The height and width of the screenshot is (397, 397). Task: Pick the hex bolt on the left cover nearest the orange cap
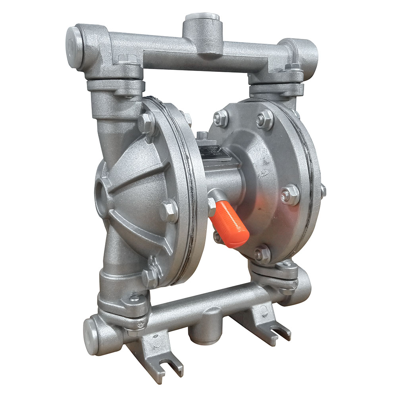tap(168, 211)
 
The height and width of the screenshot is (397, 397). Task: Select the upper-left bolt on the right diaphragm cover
tap(221, 118)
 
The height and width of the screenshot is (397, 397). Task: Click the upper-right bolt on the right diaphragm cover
tap(264, 119)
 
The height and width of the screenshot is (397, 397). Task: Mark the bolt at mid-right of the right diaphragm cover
tap(290, 195)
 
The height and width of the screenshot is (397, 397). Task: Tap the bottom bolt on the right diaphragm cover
tap(262, 254)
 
